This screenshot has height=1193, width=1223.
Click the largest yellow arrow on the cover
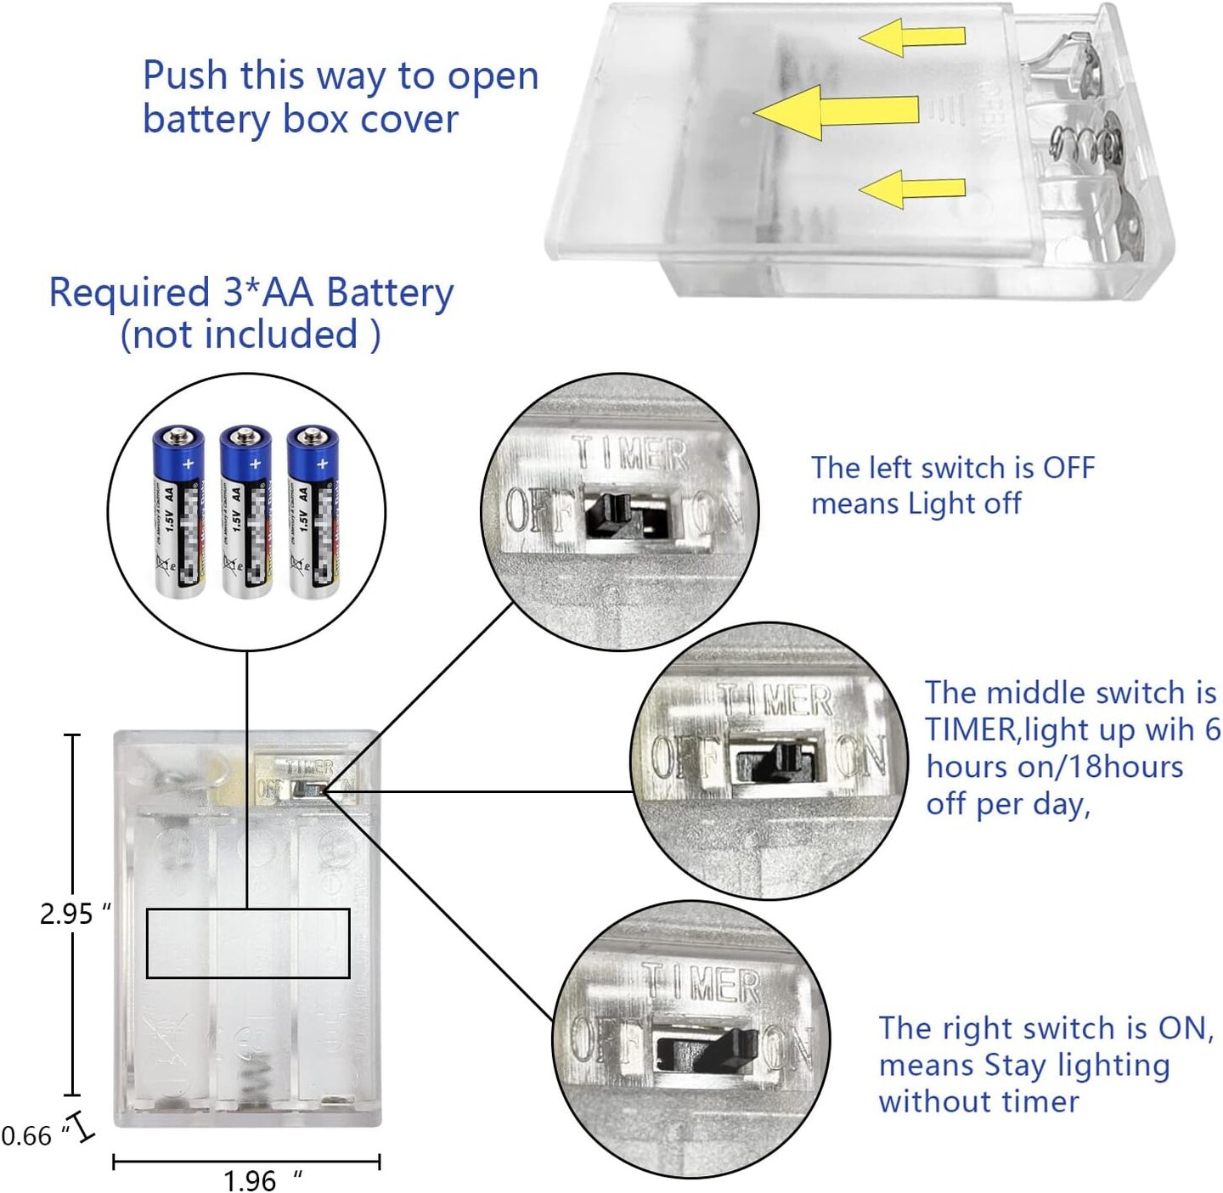coord(837,111)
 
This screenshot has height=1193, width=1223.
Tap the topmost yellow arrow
coord(912,37)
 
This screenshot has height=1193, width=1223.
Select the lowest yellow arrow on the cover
coord(912,189)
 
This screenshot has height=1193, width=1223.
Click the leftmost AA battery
coord(178,511)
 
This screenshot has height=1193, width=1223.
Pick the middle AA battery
coord(245,511)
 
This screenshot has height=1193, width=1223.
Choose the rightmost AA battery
coord(313,511)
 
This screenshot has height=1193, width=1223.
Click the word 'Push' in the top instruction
coord(185,76)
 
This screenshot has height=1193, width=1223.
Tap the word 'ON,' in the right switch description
coord(1186,1028)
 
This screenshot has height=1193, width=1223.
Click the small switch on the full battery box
coord(306,789)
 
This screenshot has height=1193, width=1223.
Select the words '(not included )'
coord(251,335)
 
